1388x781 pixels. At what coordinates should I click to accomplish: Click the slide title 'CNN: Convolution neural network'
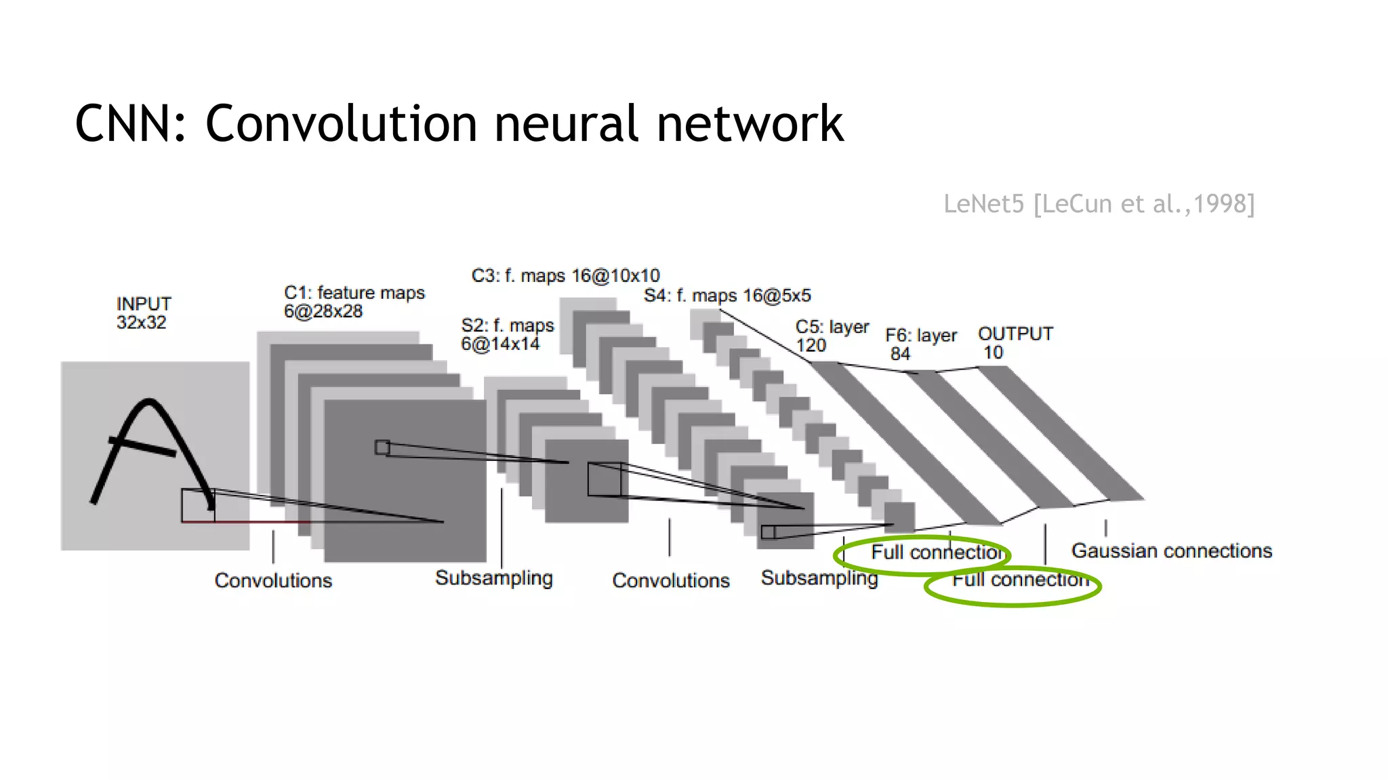point(459,124)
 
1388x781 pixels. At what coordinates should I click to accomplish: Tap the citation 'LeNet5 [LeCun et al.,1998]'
point(1099,203)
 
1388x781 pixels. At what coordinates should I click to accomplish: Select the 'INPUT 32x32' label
point(143,313)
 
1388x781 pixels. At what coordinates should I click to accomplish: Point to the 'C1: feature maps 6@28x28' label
point(354,302)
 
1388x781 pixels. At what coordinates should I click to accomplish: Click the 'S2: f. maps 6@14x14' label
point(507,334)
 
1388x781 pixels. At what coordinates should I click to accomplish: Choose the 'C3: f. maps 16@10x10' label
point(565,276)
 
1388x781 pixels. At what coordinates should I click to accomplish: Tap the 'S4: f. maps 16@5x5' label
point(727,296)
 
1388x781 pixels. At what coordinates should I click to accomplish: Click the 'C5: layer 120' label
point(832,336)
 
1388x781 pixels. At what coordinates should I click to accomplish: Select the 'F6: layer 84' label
point(920,344)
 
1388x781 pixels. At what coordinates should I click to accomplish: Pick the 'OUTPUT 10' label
point(1015,343)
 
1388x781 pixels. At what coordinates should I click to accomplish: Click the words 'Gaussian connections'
point(1171,550)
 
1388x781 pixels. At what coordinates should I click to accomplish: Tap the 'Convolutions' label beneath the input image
point(273,580)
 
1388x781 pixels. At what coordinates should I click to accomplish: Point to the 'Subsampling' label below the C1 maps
point(493,578)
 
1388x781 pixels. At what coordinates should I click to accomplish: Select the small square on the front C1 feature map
point(382,447)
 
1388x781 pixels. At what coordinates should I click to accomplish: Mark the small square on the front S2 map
point(604,479)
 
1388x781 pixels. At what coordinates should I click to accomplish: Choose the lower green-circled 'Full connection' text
point(1020,580)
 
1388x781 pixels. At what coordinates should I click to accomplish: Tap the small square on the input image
point(198,505)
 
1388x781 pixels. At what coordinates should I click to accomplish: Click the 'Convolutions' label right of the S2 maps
point(670,580)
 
